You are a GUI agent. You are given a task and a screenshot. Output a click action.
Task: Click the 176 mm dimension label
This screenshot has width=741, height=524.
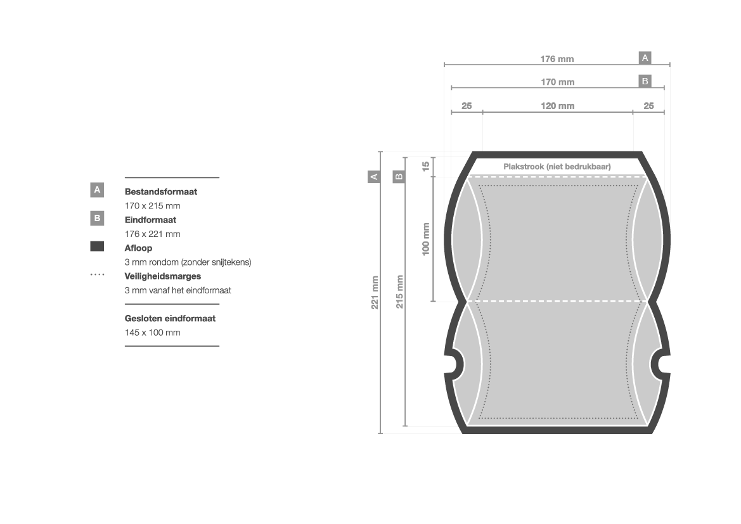[557, 59]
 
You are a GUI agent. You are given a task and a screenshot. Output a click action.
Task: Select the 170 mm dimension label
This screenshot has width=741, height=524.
[558, 82]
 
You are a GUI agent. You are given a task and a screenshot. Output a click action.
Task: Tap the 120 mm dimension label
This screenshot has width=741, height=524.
[558, 106]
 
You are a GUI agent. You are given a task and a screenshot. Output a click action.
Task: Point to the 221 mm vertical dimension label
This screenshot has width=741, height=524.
[375, 293]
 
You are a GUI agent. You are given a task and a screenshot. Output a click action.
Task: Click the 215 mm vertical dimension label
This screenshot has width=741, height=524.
[400, 291]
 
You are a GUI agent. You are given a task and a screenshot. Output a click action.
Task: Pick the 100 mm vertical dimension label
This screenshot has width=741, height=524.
[426, 239]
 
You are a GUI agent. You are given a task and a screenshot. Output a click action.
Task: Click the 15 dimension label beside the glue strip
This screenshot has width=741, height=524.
[426, 166]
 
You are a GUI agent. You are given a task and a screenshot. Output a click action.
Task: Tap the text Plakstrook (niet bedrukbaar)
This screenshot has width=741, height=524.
[557, 166]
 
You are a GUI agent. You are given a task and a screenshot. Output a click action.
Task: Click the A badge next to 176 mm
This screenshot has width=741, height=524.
[645, 58]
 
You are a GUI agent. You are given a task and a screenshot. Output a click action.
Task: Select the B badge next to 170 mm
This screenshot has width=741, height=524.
[645, 81]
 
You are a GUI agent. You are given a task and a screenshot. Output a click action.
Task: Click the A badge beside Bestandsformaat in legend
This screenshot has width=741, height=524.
[97, 190]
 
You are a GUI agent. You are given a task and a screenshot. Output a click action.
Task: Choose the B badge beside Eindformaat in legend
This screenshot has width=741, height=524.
[97, 219]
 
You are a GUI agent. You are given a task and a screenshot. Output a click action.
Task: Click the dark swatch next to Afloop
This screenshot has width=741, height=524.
[97, 246]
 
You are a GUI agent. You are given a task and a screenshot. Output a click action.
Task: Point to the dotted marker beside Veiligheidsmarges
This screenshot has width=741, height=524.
[98, 274]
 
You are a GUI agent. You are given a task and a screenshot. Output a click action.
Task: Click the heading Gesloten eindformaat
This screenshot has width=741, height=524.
[170, 319]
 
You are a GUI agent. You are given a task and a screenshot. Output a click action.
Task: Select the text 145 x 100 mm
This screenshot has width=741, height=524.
[153, 333]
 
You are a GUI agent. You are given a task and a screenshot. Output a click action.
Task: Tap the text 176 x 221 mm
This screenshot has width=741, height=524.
[153, 234]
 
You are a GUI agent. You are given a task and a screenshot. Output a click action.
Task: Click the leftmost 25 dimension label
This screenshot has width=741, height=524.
[467, 106]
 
